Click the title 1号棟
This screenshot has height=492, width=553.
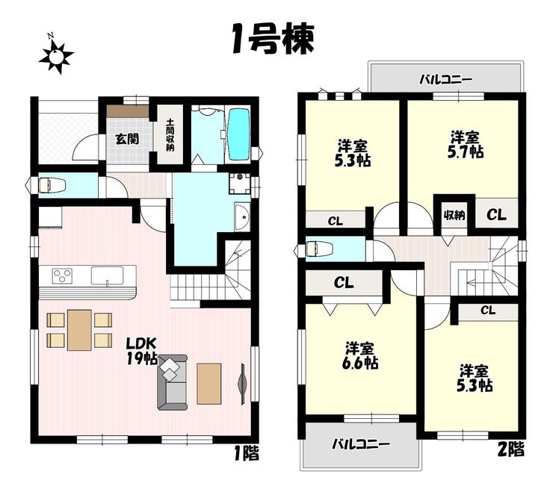click(x=273, y=39)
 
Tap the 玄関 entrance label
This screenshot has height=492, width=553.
click(x=127, y=140)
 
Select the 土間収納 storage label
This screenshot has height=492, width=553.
click(x=170, y=135)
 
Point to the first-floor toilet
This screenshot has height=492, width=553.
click(x=52, y=185)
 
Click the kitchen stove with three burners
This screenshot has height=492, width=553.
click(x=62, y=276)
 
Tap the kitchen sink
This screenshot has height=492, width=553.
click(x=107, y=275)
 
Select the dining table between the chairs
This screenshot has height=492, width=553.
click(x=79, y=330)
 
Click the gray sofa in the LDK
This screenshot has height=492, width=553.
click(x=172, y=382)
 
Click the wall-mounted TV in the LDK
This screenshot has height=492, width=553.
click(x=243, y=384)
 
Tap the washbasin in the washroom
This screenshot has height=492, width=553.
click(x=242, y=217)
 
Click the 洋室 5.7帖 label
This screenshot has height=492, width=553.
click(x=466, y=145)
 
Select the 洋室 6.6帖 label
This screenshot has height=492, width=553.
click(x=359, y=355)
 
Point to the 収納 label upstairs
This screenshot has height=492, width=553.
click(x=454, y=215)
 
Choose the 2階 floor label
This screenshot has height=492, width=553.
click(x=511, y=449)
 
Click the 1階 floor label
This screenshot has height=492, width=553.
click(x=247, y=453)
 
